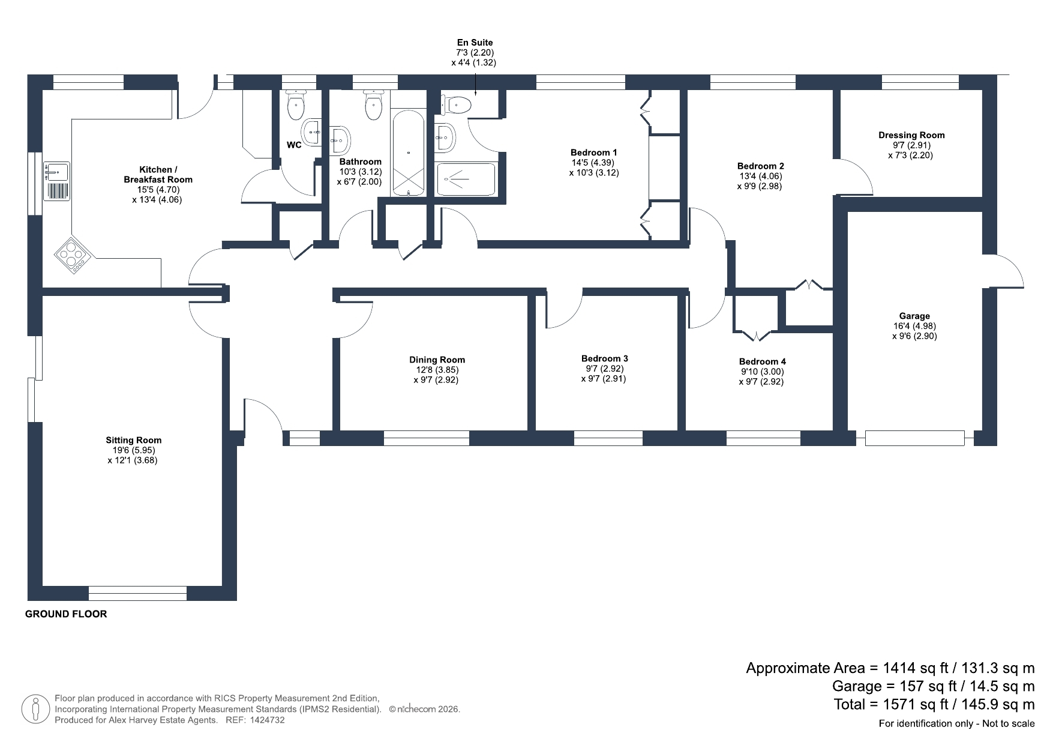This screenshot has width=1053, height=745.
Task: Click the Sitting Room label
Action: point(134,440)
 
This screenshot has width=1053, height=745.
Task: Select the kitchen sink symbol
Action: point(56,181)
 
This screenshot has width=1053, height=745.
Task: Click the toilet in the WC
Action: point(296,106)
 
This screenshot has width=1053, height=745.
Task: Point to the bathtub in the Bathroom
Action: point(409,153)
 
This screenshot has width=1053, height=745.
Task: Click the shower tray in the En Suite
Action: point(466,179)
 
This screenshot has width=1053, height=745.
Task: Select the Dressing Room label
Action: point(911,135)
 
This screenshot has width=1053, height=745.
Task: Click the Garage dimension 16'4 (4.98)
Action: point(914,326)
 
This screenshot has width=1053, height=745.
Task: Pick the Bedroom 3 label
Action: point(605,358)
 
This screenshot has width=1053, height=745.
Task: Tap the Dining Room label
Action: point(437,360)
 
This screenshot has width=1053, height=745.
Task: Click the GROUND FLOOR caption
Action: point(66,614)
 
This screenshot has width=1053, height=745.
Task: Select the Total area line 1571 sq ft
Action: point(934,704)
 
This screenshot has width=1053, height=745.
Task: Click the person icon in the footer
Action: point(35,709)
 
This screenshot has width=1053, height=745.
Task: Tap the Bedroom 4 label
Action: point(763,361)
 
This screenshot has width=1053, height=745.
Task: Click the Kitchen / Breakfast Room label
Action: point(158,174)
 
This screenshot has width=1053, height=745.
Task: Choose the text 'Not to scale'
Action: point(1009,723)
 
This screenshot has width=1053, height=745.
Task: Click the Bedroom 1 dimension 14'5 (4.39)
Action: point(594,163)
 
